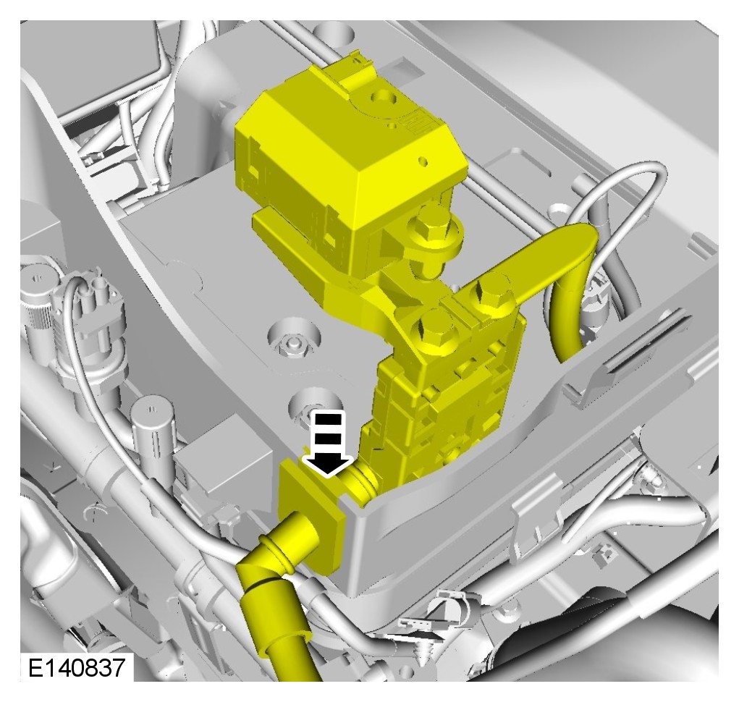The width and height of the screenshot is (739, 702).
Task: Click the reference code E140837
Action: coord(77,667)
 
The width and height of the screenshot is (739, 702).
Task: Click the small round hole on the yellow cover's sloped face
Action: coord(423,161)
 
